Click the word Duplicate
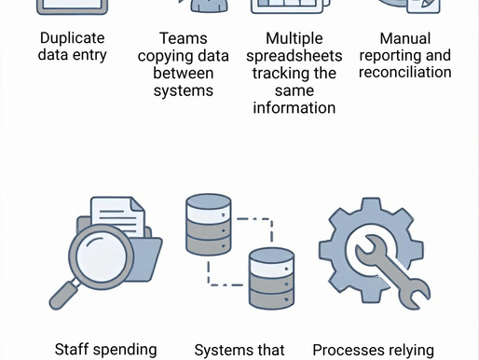(73, 38)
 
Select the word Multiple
(294, 38)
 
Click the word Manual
(405, 38)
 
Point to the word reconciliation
(405, 73)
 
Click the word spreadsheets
(294, 56)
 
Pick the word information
(294, 107)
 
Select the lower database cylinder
(272, 277)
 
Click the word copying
(170, 56)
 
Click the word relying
(414, 350)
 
